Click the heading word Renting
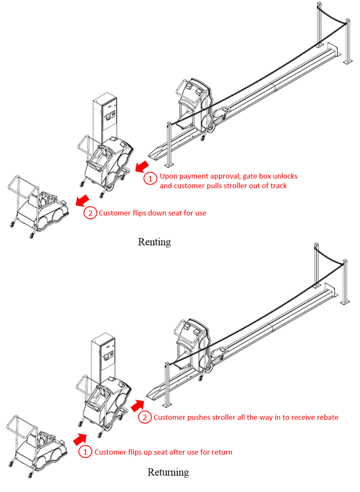point(154,241)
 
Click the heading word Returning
point(168,472)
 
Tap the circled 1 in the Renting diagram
point(149,177)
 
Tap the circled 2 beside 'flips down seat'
point(89,213)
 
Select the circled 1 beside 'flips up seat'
point(85,452)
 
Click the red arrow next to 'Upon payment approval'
point(143,166)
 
